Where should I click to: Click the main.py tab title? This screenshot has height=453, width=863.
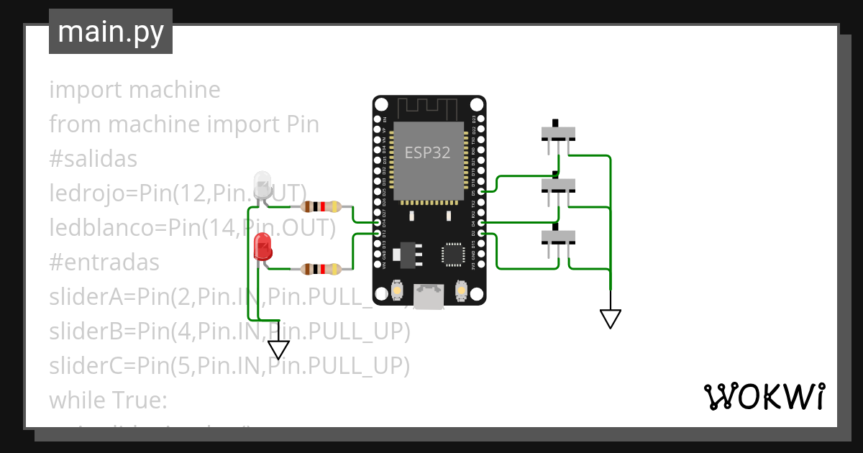tap(110, 32)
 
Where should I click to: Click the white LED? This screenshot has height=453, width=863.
tap(262, 185)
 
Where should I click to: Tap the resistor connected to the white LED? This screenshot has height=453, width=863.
tap(321, 207)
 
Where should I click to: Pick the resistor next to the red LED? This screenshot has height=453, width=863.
tap(321, 270)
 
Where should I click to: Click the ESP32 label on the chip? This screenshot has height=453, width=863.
tap(428, 152)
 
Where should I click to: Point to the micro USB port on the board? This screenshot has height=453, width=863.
tap(429, 295)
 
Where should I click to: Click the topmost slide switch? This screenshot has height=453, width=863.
tap(558, 133)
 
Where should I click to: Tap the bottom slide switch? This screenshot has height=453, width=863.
tap(558, 237)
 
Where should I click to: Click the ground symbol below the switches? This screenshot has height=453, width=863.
tap(610, 318)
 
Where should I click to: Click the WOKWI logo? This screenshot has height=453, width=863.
tap(764, 396)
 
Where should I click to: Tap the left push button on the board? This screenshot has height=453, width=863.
tap(396, 291)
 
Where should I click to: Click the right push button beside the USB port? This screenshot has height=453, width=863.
tap(461, 291)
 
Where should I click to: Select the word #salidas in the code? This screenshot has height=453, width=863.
tap(93, 159)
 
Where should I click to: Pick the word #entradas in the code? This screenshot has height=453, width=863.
tap(104, 262)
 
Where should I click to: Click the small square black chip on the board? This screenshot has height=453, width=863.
tap(454, 254)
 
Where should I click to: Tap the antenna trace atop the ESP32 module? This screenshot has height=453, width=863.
tap(429, 109)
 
